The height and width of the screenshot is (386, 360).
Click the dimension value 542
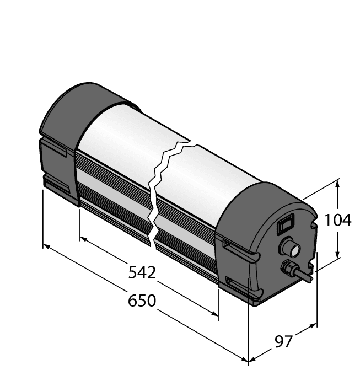tap(142, 272)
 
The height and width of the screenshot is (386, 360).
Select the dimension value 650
tap(142, 301)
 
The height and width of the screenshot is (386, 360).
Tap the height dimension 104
tap(337, 220)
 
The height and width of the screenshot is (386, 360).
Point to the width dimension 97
tap(283, 342)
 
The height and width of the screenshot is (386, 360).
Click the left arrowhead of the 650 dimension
tap(46, 246)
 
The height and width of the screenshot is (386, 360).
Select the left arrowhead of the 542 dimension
tap(83, 239)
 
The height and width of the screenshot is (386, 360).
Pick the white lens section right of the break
tap(209, 176)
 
